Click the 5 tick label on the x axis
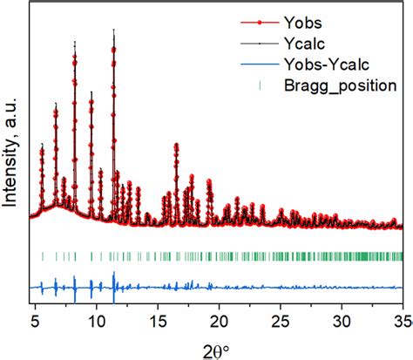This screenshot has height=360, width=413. pyautogui.click(x=35, y=318)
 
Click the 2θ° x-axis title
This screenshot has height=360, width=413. pyautogui.click(x=214, y=346)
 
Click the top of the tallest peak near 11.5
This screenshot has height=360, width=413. pyautogui.click(x=113, y=31)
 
